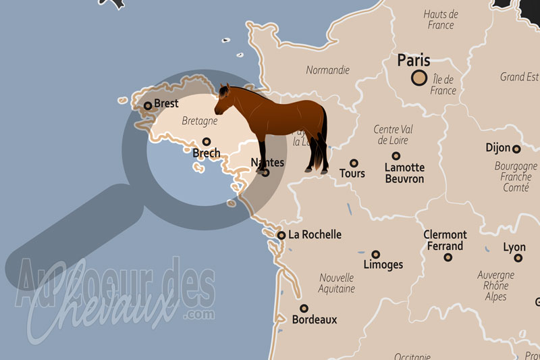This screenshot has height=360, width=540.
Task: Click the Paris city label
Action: click(x=414, y=61)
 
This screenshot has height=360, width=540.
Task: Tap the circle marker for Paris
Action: click(x=420, y=78)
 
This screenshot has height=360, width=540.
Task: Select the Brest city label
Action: click(x=166, y=103)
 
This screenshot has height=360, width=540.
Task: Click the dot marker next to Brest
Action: click(x=148, y=105)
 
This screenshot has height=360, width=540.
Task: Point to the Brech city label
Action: click(x=206, y=154)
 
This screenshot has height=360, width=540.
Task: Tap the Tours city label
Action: click(x=352, y=174)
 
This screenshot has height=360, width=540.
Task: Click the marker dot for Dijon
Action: click(x=516, y=149)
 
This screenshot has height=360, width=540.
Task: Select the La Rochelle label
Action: click(x=315, y=235)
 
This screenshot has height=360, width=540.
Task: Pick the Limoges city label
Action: click(x=383, y=265)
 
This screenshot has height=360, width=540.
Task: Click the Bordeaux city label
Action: click(x=314, y=319)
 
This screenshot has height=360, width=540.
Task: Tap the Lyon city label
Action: click(x=514, y=248)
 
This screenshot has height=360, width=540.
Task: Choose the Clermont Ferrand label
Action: click(x=445, y=240)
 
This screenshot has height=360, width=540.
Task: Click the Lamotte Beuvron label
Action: click(x=404, y=173)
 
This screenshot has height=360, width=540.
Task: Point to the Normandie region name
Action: click(x=327, y=70)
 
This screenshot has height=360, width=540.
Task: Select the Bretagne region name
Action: click(x=199, y=122)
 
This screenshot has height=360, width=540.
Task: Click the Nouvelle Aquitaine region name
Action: click(x=337, y=283)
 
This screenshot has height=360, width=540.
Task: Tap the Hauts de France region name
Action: click(x=441, y=20)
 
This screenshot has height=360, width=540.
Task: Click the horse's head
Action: click(x=224, y=100)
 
